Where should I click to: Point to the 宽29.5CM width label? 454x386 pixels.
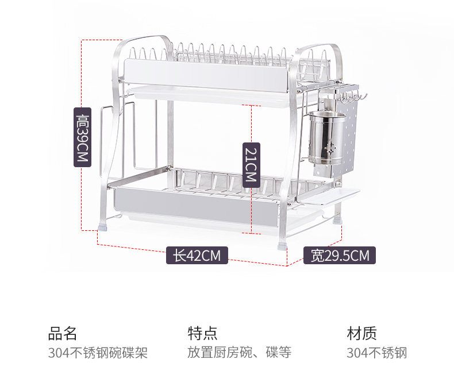click(340, 255)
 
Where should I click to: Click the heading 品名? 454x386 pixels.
click(63, 333)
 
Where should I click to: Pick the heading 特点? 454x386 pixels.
click(202, 333)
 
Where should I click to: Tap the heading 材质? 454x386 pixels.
click(361, 333)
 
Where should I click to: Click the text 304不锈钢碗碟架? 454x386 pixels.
click(98, 353)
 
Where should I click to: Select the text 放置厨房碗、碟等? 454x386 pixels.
click(239, 353)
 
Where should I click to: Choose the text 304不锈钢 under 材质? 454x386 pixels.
click(376, 353)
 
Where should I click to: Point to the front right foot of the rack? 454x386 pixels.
click(282, 244)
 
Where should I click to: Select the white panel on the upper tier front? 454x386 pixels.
click(207, 75)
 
